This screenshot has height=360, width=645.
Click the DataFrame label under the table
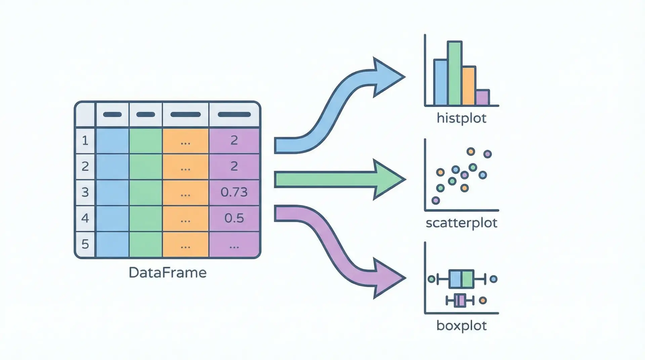[x=167, y=272]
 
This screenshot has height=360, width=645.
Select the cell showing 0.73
[x=234, y=192]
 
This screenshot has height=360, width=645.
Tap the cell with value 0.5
[x=234, y=218]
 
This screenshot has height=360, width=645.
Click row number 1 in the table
[x=85, y=140]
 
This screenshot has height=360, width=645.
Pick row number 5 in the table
[x=85, y=244]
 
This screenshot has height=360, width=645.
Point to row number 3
[x=85, y=192]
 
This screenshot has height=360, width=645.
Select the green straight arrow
[x=336, y=179]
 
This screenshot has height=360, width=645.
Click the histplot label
[x=461, y=118]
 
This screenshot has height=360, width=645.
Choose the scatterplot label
[x=461, y=223]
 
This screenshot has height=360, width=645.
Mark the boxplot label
[x=461, y=325]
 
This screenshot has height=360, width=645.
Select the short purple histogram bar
[x=483, y=97]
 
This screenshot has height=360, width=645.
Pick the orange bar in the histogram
[x=469, y=86]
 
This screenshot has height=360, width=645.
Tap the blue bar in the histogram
[x=440, y=82]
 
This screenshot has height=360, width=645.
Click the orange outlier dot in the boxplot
[x=483, y=301]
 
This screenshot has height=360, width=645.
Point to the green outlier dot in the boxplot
[x=432, y=279]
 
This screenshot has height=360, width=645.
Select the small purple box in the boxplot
[x=460, y=300]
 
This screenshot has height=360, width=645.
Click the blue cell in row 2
[x=112, y=166]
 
